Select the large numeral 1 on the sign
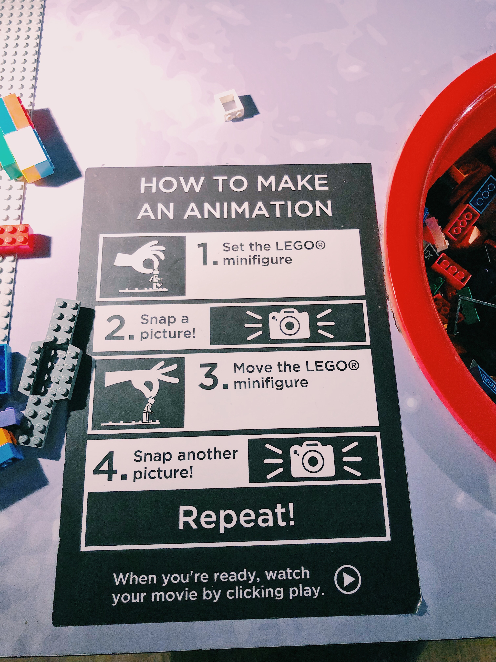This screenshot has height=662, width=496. [x=205, y=254]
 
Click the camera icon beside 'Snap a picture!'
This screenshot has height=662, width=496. [x=289, y=324]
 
